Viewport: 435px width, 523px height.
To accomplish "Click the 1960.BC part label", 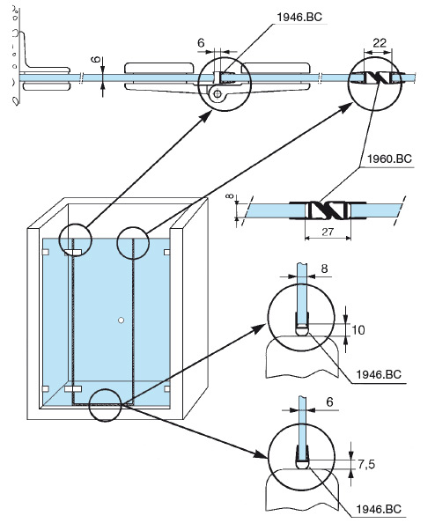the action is pyautogui.click(x=389, y=158).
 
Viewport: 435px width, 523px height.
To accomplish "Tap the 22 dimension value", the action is pyautogui.click(x=380, y=43).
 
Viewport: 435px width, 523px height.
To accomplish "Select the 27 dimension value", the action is pyautogui.click(x=328, y=232).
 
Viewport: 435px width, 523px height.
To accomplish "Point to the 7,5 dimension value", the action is pyautogui.click(x=366, y=464).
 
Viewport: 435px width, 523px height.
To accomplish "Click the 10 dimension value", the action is pyautogui.click(x=358, y=330).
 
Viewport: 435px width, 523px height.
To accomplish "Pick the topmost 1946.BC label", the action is pyautogui.click(x=299, y=17).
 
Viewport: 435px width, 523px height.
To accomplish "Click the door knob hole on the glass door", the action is pyautogui.click(x=122, y=320).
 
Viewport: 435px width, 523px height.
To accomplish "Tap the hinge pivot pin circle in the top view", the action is pyautogui.click(x=217, y=94).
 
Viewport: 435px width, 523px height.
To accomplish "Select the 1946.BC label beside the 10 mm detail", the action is pyautogui.click(x=379, y=374).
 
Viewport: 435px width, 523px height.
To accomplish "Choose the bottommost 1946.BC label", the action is pyautogui.click(x=379, y=509).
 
